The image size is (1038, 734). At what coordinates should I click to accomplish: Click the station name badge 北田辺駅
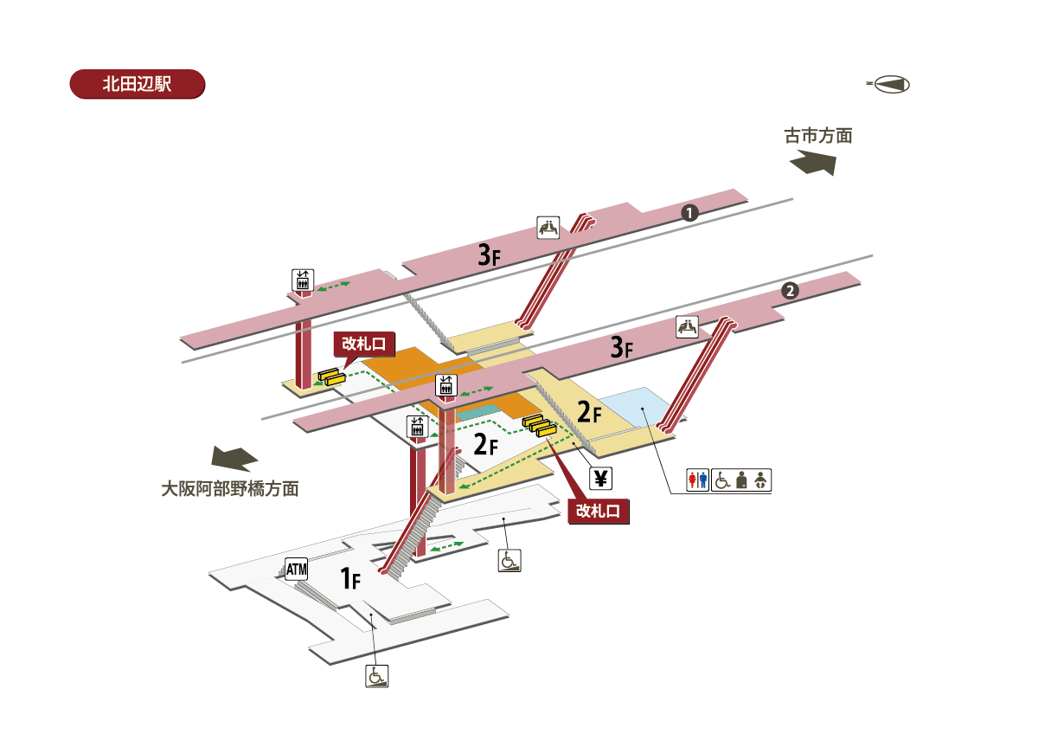(137, 84)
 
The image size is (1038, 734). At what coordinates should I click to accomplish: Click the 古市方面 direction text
(818, 136)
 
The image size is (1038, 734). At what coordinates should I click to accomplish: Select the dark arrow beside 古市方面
(813, 163)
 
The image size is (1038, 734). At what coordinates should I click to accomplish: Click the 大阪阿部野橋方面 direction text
(230, 489)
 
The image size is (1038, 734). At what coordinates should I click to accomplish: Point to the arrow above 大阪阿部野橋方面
(234, 459)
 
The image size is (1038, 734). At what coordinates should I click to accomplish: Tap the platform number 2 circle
(789, 291)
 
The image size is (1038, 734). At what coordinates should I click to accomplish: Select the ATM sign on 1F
(297, 569)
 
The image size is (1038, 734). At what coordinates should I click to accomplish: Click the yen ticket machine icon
(600, 477)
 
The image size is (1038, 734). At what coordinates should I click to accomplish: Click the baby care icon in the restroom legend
(760, 480)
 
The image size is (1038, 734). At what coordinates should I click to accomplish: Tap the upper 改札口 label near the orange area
(364, 343)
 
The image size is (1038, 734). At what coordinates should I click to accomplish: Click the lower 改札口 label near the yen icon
(598, 511)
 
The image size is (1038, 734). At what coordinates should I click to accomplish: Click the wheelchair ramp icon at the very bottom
(377, 676)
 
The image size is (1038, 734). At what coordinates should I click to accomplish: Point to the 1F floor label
(349, 577)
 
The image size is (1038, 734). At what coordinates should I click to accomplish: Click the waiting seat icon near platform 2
(688, 326)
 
